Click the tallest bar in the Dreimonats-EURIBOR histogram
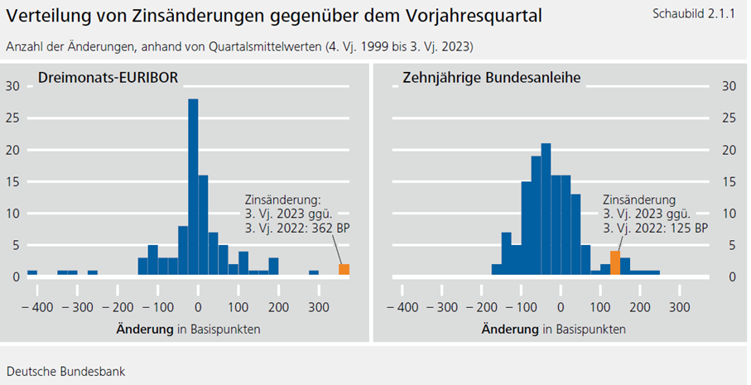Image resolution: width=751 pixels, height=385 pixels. (x=193, y=186)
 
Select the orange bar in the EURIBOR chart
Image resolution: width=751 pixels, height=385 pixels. (x=344, y=269)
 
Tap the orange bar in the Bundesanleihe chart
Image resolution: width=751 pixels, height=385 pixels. (x=614, y=262)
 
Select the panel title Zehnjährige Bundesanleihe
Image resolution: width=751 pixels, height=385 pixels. (x=491, y=78)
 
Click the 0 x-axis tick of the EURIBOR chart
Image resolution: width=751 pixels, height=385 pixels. (x=198, y=307)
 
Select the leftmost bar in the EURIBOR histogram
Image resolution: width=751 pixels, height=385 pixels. (x=32, y=272)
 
